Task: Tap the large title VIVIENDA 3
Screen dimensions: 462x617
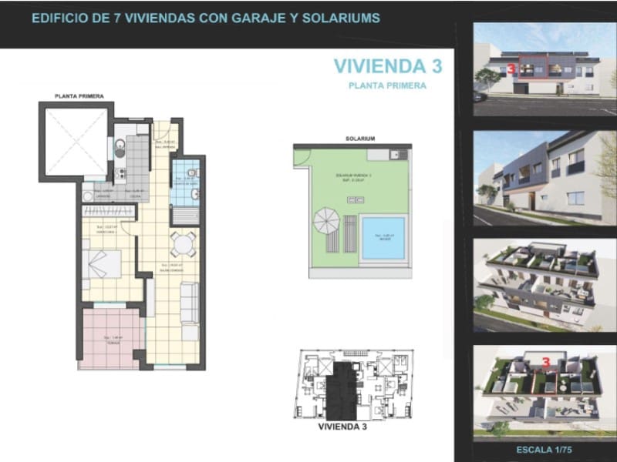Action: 388,66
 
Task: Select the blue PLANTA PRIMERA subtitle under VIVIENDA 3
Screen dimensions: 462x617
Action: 387,86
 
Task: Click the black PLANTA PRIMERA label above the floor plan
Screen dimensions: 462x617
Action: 79,96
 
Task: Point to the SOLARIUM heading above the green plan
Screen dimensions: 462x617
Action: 360,139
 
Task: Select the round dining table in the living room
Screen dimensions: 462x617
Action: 184,245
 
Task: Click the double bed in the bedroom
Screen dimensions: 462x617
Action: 102,264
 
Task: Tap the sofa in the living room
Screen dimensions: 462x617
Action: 189,312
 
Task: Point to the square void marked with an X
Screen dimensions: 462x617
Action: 76,141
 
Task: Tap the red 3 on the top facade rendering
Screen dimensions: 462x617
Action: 512,69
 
